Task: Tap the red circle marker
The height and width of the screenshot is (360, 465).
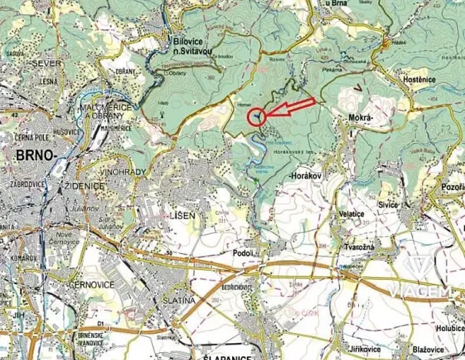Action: click(257, 117)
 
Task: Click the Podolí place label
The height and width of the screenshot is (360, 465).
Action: click(243, 252)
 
